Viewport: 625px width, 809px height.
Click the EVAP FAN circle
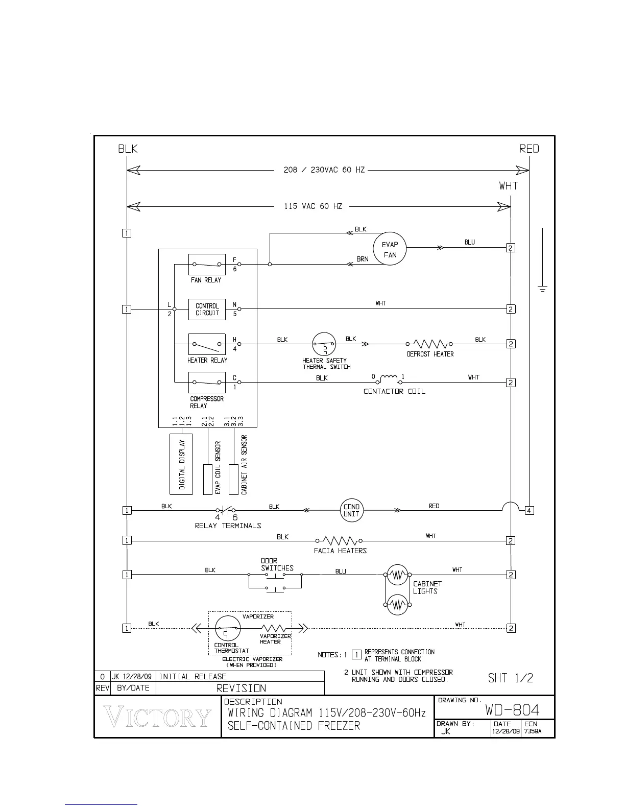tap(390, 249)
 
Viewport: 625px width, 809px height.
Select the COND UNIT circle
tap(351, 510)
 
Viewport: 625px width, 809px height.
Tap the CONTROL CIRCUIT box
tap(207, 310)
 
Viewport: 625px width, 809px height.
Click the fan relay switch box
tap(207, 265)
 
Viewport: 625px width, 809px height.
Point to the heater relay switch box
tap(207, 345)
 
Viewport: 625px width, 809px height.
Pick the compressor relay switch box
tap(207, 383)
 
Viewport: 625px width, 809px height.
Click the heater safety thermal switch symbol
tap(324, 345)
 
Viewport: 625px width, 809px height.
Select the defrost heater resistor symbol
tap(429, 344)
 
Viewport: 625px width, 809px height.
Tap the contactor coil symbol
tap(389, 379)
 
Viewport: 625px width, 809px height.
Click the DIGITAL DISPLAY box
tap(181, 464)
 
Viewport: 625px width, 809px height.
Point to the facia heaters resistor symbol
tap(339, 540)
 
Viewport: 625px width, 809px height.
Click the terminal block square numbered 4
tap(530, 510)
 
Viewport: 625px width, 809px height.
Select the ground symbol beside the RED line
tap(542, 289)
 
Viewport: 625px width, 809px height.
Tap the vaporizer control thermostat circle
tap(227, 628)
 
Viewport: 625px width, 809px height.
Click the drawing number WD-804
tap(512, 710)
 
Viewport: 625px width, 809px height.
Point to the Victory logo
tap(158, 717)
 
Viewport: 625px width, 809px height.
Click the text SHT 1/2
tap(510, 678)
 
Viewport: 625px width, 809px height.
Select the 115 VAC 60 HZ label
tap(313, 206)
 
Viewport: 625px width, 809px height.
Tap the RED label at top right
tap(529, 149)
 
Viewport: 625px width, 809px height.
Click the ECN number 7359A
tap(533, 731)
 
